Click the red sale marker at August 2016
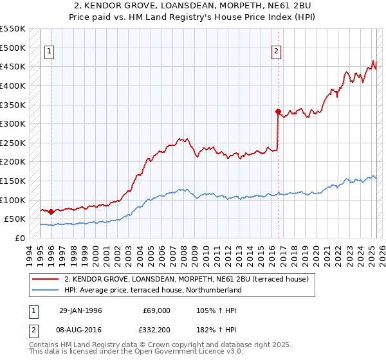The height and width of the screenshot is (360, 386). [x=278, y=111]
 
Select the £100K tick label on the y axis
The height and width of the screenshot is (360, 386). [x=14, y=200]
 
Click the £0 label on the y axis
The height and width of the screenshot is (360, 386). [x=20, y=238]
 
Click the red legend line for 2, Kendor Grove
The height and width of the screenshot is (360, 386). [x=46, y=279]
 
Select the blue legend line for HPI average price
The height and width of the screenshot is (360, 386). [x=46, y=290]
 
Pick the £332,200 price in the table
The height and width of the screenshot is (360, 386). [x=155, y=330]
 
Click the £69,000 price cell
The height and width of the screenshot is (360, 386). [x=155, y=310]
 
